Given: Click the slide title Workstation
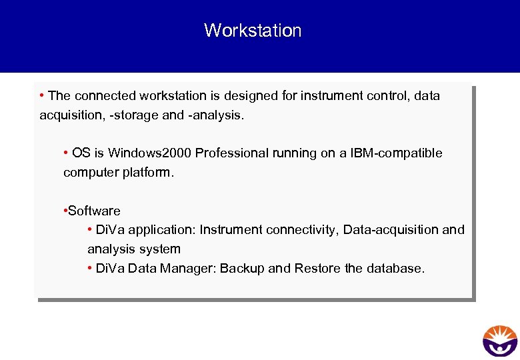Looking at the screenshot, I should coord(253,31).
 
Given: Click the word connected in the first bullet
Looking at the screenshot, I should coord(100,96).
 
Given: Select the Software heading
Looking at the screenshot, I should coord(94,211).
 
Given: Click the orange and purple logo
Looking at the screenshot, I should coord(500,341).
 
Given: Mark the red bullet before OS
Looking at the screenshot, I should coord(66,153).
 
